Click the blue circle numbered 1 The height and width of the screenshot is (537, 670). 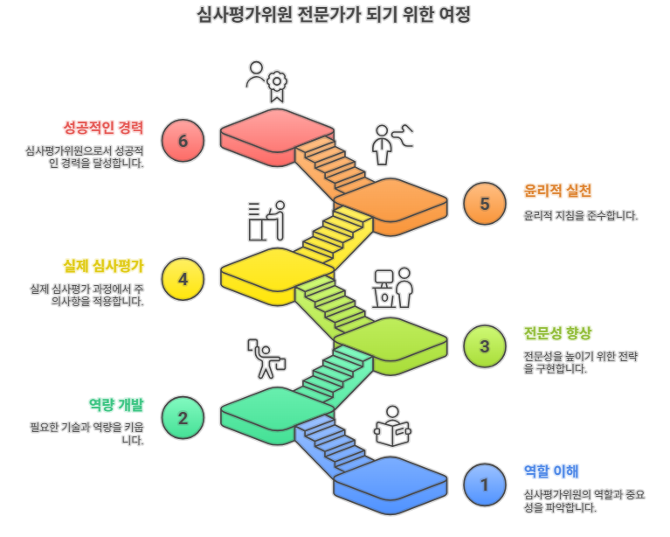485,484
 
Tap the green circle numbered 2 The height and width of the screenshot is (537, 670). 183,417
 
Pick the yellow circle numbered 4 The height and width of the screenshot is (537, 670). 183,279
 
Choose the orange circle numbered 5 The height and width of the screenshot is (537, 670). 485,204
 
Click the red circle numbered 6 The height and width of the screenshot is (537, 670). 183,141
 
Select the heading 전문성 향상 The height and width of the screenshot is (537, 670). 557,332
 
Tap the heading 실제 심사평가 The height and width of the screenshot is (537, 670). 103,266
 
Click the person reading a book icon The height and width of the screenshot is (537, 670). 392,427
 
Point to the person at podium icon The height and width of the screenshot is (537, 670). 392,287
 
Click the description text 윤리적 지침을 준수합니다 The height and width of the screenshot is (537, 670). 580,215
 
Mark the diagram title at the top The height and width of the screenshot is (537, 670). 335,15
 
